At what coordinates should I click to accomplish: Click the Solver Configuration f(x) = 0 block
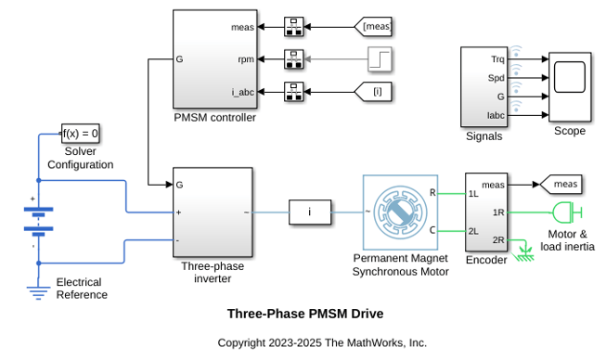(81, 134)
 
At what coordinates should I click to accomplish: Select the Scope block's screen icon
(570, 77)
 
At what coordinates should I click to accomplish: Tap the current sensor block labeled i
(310, 212)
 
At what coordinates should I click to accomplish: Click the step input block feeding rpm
(380, 59)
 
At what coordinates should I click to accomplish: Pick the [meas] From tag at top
(373, 27)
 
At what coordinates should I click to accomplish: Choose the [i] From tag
(373, 92)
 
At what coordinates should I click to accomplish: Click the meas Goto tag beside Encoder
(561, 185)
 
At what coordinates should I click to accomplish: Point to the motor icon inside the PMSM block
(400, 212)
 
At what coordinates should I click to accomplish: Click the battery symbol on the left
(39, 219)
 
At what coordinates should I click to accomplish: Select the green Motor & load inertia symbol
(567, 212)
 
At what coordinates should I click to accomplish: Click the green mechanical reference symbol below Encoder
(523, 253)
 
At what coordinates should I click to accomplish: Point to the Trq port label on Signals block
(497, 59)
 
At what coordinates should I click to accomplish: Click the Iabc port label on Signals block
(496, 115)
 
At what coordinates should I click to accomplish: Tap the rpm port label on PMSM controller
(246, 59)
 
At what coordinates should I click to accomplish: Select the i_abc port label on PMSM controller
(243, 92)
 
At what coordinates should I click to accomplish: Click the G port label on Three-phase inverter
(179, 185)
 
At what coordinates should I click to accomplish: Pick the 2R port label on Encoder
(498, 240)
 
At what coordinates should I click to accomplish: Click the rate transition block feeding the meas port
(294, 27)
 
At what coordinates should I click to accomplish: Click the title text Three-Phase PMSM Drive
(305, 314)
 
